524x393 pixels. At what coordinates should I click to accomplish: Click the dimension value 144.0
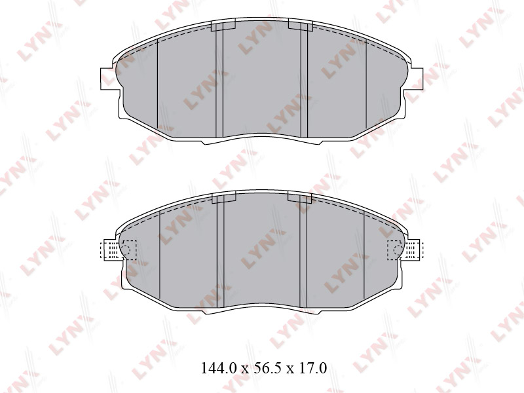tap(219, 368)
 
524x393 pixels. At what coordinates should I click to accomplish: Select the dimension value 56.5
tap(264, 368)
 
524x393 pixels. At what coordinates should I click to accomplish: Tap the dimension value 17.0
tap(309, 368)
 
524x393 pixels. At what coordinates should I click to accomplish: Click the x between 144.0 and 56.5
tap(245, 369)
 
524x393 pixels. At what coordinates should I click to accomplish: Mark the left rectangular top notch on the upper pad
tap(223, 25)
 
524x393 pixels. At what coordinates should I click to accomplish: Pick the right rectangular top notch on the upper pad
tap(300, 25)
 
